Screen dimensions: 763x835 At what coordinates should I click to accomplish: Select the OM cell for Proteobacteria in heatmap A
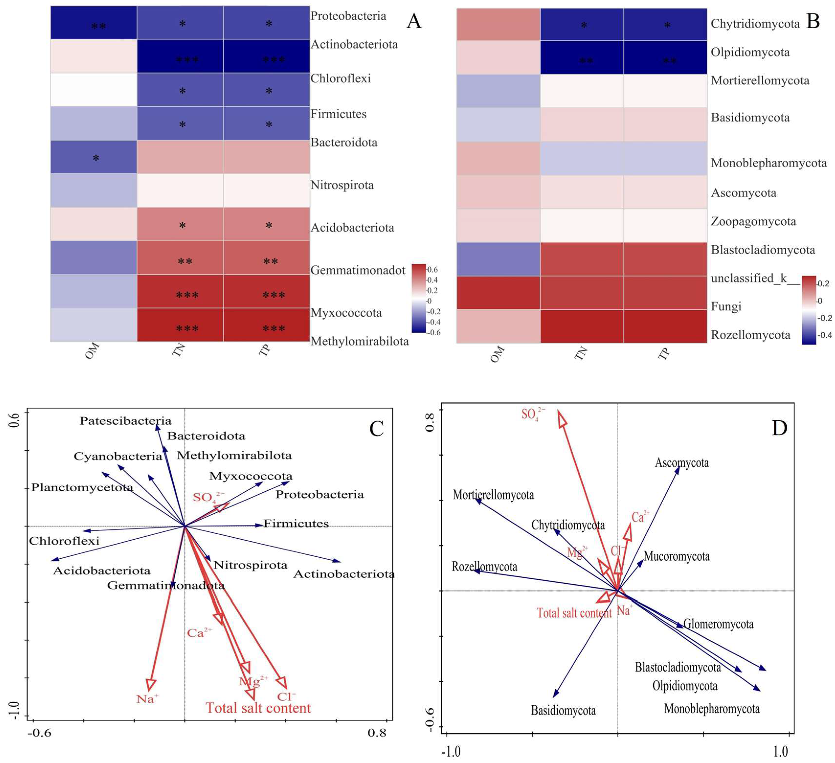pos(94,23)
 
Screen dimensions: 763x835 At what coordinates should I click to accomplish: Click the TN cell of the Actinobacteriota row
pos(180,56)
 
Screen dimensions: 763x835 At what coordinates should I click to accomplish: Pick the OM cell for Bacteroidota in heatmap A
pos(94,157)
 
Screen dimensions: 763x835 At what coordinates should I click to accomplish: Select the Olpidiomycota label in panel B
pos(750,52)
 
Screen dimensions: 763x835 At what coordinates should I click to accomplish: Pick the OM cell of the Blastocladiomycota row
pos(498,259)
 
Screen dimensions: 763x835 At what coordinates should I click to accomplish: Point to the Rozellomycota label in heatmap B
pos(750,335)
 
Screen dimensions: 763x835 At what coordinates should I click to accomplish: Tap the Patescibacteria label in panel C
pos(125,421)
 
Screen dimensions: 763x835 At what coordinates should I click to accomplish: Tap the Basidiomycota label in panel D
pos(563,710)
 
